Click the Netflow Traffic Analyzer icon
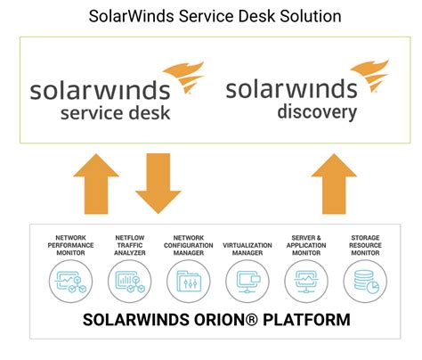click(x=127, y=282)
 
